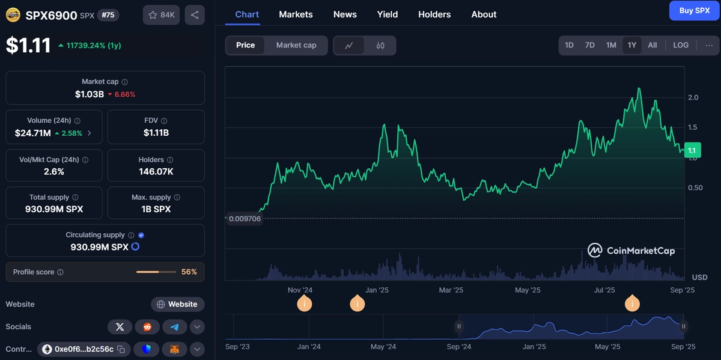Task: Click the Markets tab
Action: click(x=296, y=14)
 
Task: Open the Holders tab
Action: click(x=434, y=14)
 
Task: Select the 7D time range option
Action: click(x=589, y=45)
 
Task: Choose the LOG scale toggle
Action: click(x=681, y=45)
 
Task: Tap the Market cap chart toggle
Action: click(x=296, y=45)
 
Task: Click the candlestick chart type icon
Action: click(x=380, y=46)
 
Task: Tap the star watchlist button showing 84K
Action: click(x=161, y=15)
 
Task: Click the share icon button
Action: click(x=195, y=15)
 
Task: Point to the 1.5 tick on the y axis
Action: click(x=692, y=127)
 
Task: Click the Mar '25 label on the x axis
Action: click(x=451, y=290)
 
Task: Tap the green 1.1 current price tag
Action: click(x=692, y=150)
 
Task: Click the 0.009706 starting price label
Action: click(x=245, y=219)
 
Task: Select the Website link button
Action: click(x=177, y=304)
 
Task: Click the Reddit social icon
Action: click(x=147, y=327)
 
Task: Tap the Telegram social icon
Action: click(x=174, y=327)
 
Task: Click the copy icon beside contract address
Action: click(x=121, y=349)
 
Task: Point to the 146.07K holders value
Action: click(x=156, y=172)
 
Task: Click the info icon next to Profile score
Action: click(x=60, y=272)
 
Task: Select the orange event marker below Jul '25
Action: click(x=632, y=304)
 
